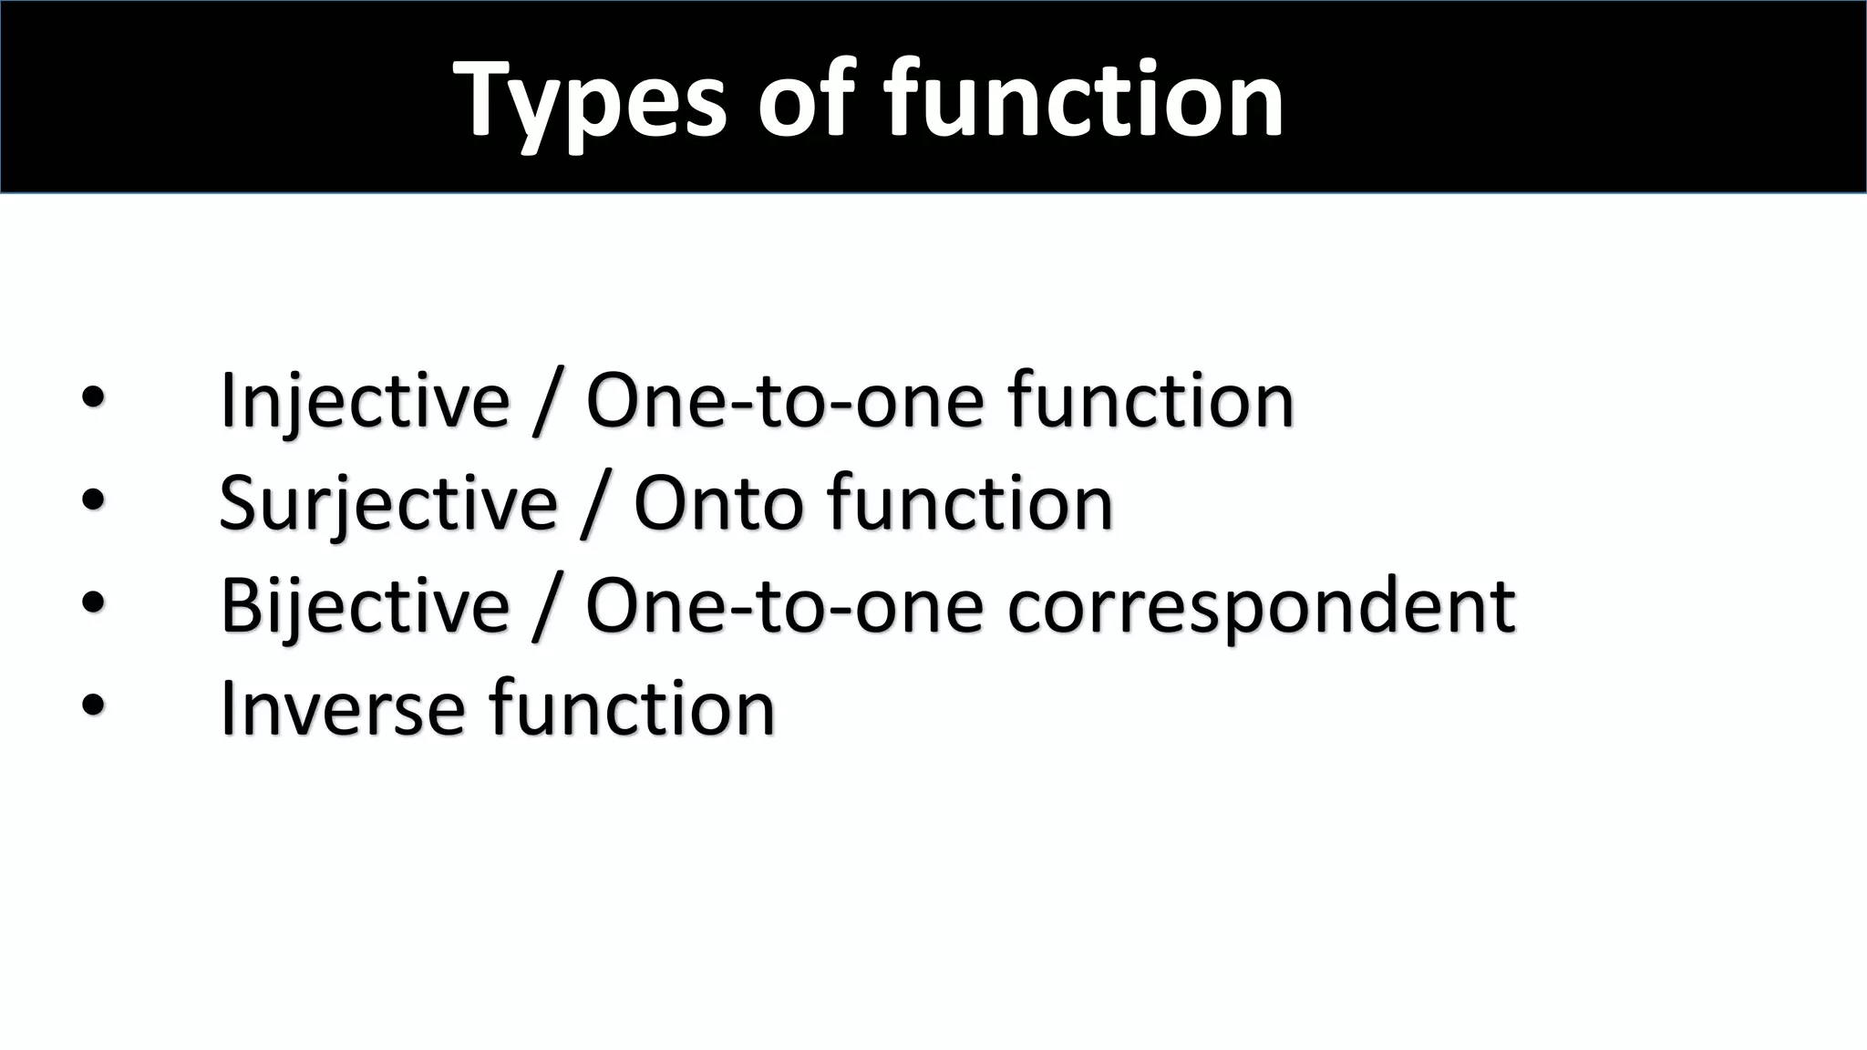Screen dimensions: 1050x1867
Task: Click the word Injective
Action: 365,401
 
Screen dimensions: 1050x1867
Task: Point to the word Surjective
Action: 388,504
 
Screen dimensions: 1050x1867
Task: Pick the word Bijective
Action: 365,606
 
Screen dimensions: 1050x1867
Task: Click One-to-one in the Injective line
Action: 785,401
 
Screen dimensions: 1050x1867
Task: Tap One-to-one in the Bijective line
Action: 785,606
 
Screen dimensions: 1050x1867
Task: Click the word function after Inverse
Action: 633,708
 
